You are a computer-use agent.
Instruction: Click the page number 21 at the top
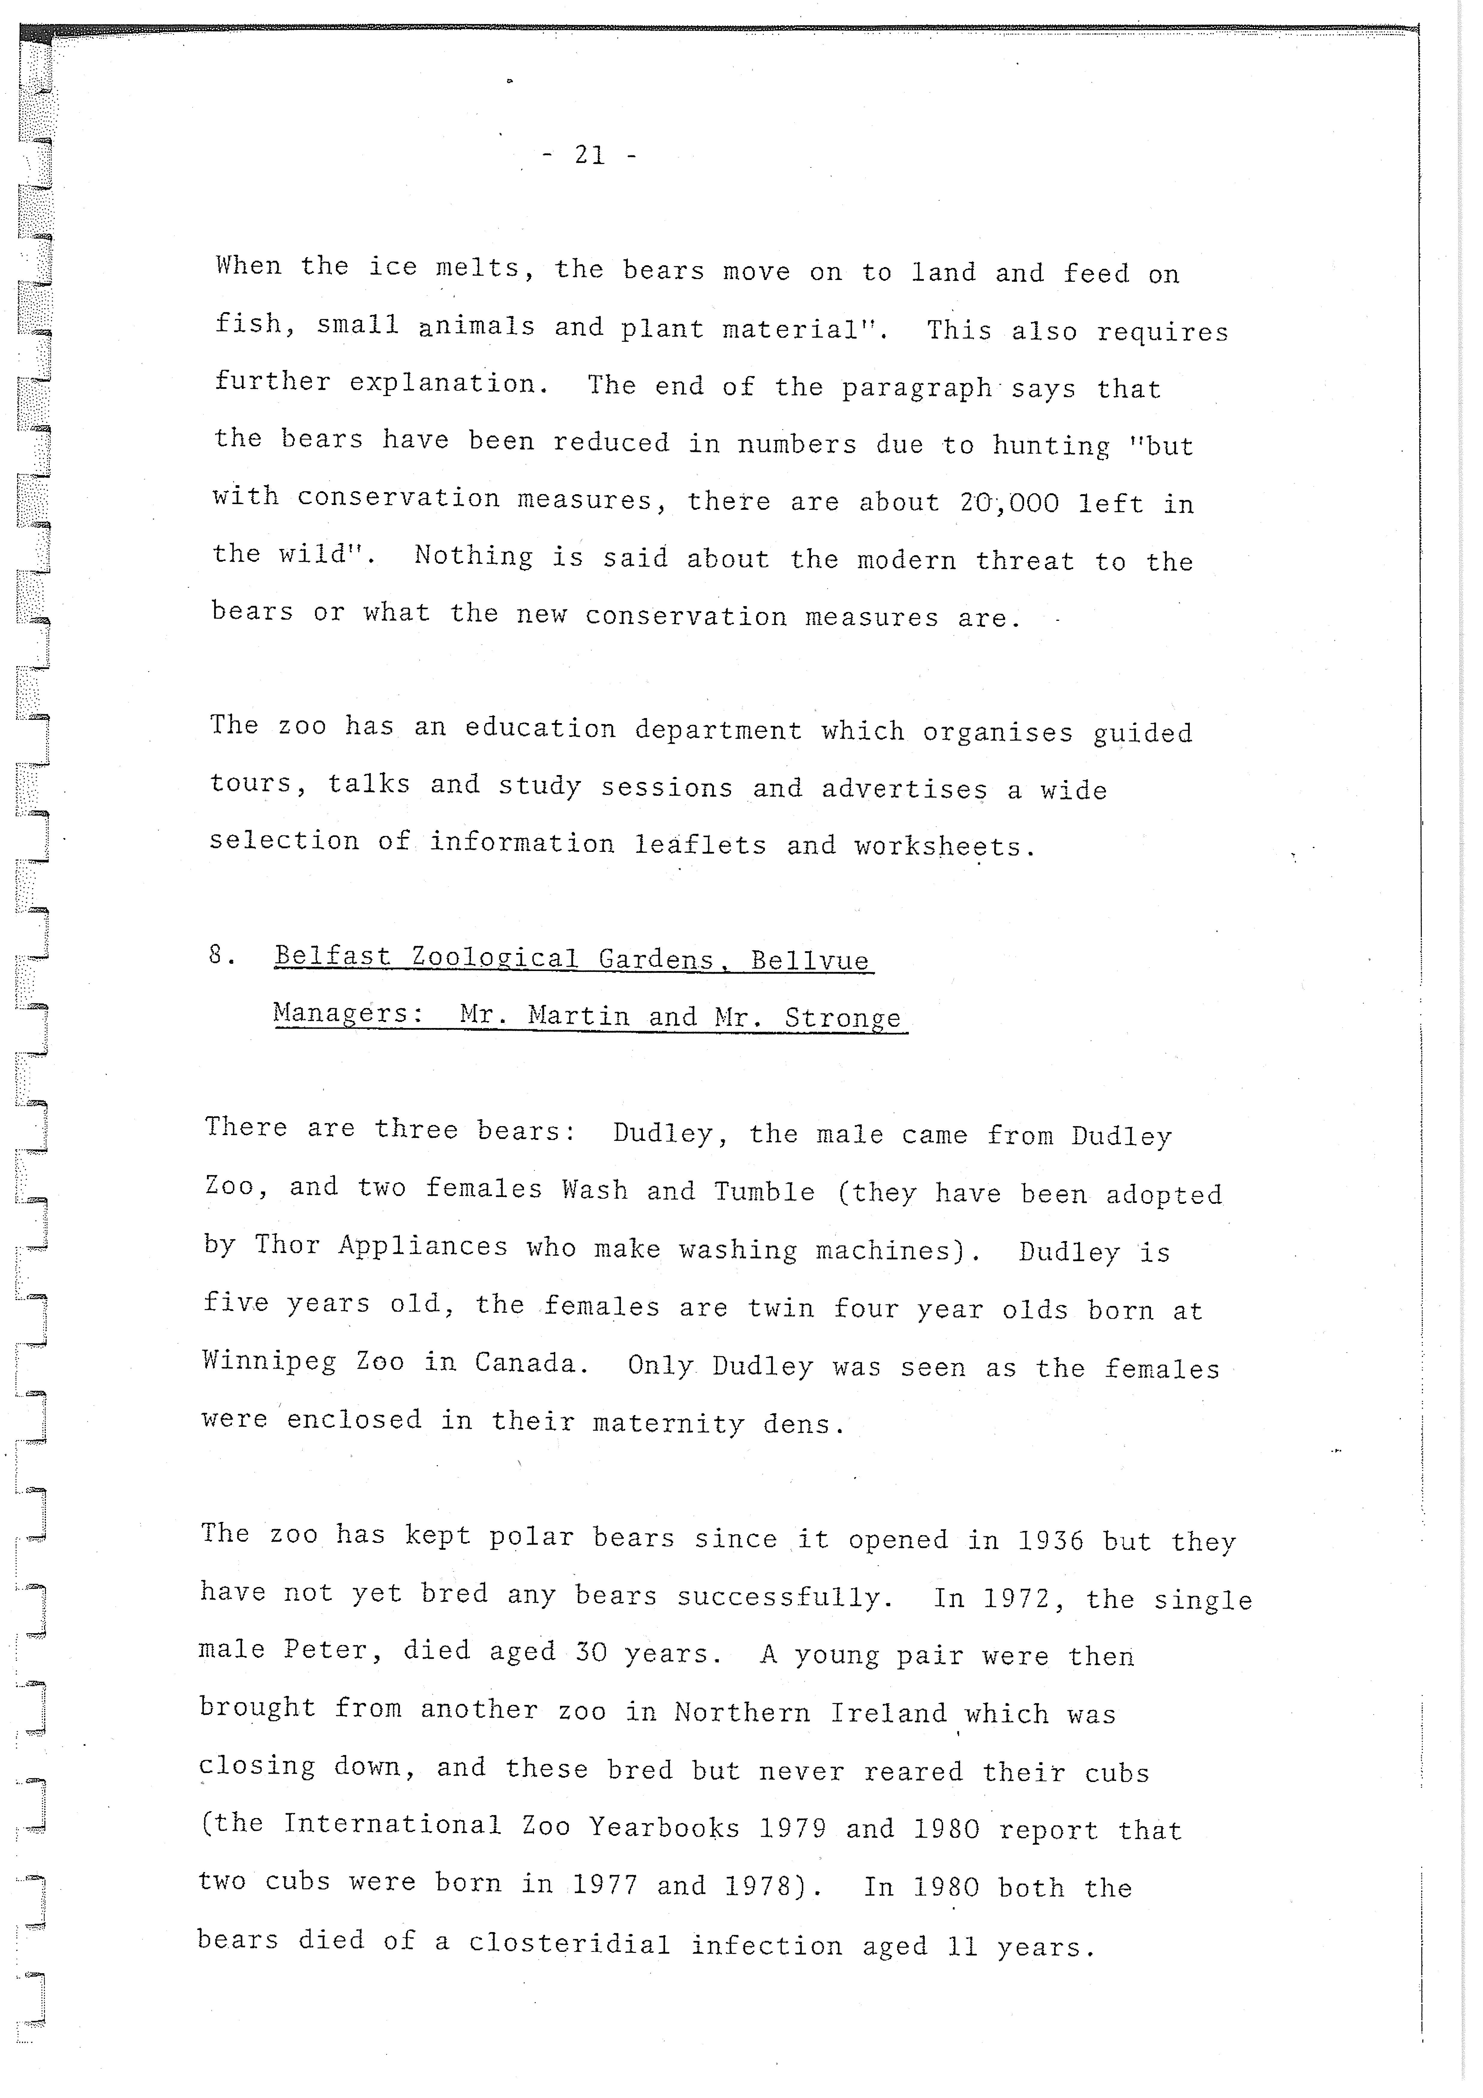pos(589,155)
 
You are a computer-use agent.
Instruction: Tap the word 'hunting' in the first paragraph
pos(1051,446)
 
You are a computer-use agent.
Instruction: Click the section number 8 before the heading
pos(219,955)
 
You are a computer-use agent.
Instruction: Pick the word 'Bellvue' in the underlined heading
pos(810,960)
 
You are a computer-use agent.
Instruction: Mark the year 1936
pos(1050,1541)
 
